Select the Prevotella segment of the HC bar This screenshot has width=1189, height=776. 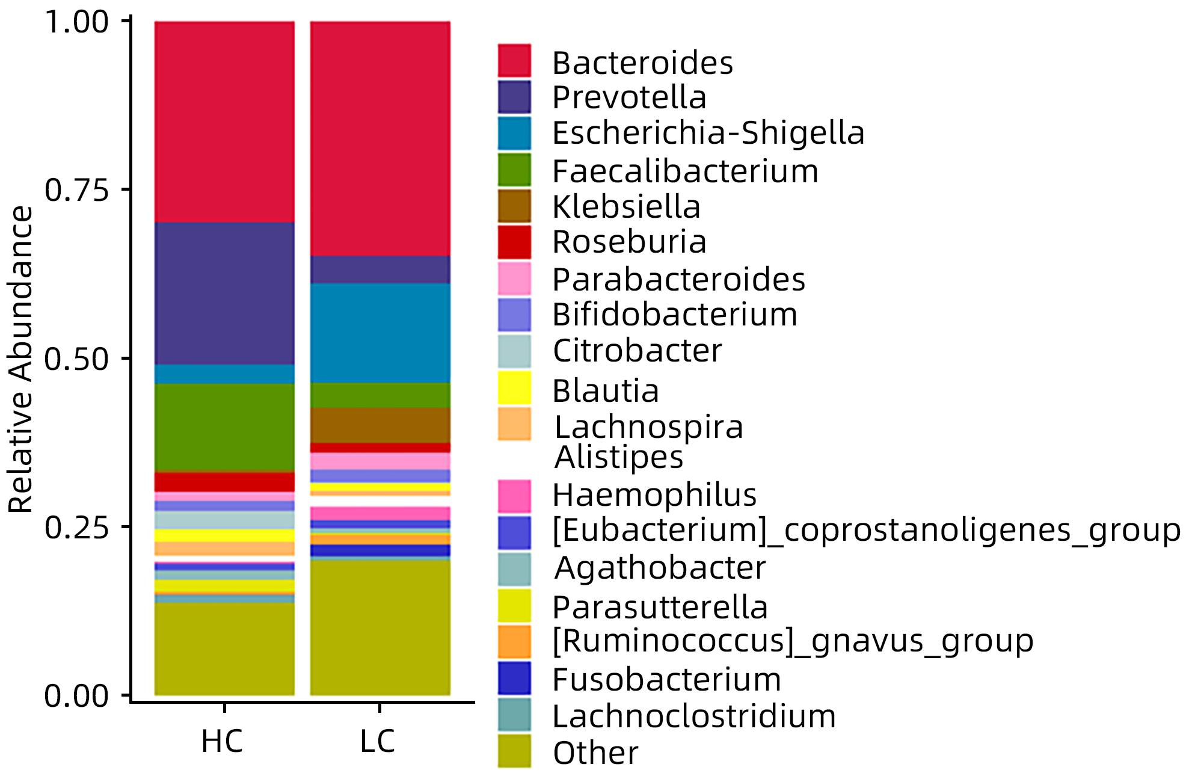pos(224,293)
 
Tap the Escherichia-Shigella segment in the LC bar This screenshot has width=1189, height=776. pos(380,333)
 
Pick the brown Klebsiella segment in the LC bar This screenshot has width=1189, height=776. pos(380,425)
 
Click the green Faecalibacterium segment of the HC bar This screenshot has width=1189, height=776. pos(224,427)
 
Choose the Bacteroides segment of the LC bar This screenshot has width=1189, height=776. pos(380,138)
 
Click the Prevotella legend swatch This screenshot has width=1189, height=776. pos(514,97)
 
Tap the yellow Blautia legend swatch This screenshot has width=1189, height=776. pos(514,388)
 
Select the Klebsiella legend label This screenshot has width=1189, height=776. pos(626,207)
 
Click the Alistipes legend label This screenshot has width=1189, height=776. pos(619,457)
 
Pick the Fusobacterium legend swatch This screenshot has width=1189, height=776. pos(514,678)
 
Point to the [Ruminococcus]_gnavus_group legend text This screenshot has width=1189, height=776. pos(793,641)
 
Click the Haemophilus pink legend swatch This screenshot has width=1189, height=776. pos(514,496)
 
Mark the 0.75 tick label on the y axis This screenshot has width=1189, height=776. pos(77,190)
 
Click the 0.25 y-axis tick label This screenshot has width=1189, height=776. pos(77,528)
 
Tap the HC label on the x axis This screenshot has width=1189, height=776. pos(222,741)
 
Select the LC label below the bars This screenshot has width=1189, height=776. pos(378,741)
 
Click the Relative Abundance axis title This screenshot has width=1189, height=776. pos(22,360)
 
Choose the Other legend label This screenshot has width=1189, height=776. pos(595,753)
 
